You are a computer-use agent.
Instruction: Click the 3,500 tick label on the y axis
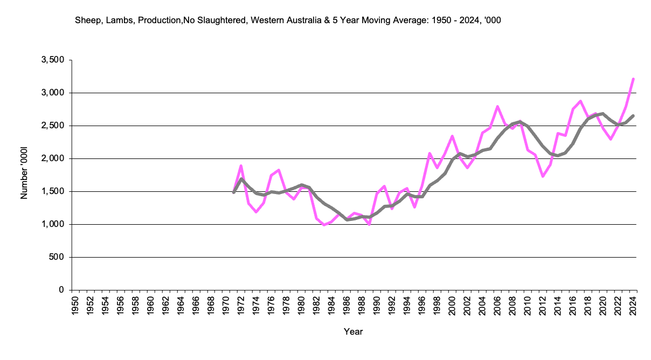point(52,60)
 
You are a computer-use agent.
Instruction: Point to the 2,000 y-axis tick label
point(52,158)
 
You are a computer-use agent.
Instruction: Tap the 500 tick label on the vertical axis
point(57,257)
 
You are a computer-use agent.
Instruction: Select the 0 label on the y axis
point(61,290)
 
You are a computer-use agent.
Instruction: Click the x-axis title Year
point(354,332)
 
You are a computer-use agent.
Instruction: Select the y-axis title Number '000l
point(24,175)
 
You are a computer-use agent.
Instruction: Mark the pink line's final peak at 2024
point(633,79)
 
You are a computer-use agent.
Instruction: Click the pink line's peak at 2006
point(497,106)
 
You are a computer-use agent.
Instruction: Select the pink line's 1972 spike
point(241,165)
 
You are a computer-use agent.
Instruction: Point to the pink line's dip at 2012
point(543,176)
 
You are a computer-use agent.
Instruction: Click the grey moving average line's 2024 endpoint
point(633,115)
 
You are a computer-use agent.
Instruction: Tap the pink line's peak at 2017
point(580,101)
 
